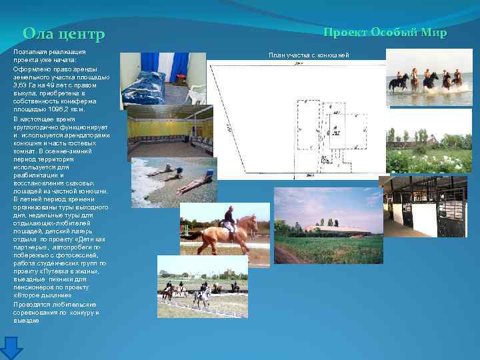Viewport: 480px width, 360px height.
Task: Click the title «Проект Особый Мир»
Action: pos(385,33)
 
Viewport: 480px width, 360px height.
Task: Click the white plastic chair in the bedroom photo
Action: pos(195,93)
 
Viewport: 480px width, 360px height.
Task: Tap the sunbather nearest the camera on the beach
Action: pos(194,182)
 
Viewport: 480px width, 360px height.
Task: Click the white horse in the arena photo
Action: pos(201,291)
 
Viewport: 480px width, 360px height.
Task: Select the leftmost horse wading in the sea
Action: pos(399,83)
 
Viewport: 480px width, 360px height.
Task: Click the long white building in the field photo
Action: pos(337,229)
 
